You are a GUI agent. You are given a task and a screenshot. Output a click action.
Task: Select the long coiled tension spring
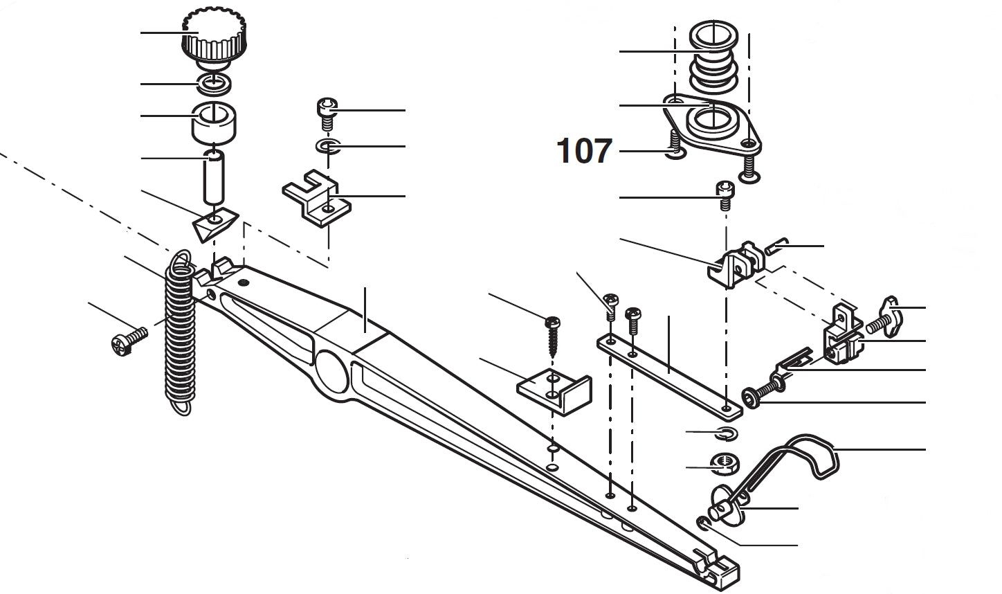(181, 332)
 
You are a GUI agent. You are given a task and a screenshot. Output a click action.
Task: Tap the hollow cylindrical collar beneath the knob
(214, 123)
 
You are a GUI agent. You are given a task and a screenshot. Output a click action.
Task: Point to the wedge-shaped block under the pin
(215, 224)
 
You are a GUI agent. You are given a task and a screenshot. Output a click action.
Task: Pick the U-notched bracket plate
(316, 198)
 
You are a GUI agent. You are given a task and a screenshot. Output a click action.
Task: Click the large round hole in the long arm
(331, 372)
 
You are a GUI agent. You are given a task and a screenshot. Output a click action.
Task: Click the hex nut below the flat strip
(725, 464)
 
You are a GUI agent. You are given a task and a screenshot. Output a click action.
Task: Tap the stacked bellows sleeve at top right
(713, 57)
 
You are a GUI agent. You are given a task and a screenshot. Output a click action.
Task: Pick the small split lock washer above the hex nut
(727, 433)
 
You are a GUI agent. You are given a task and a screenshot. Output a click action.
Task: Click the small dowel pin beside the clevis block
(776, 246)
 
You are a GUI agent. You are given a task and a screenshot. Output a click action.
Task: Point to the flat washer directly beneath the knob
(215, 84)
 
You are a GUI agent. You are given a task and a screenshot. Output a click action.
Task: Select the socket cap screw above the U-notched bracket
(327, 115)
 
